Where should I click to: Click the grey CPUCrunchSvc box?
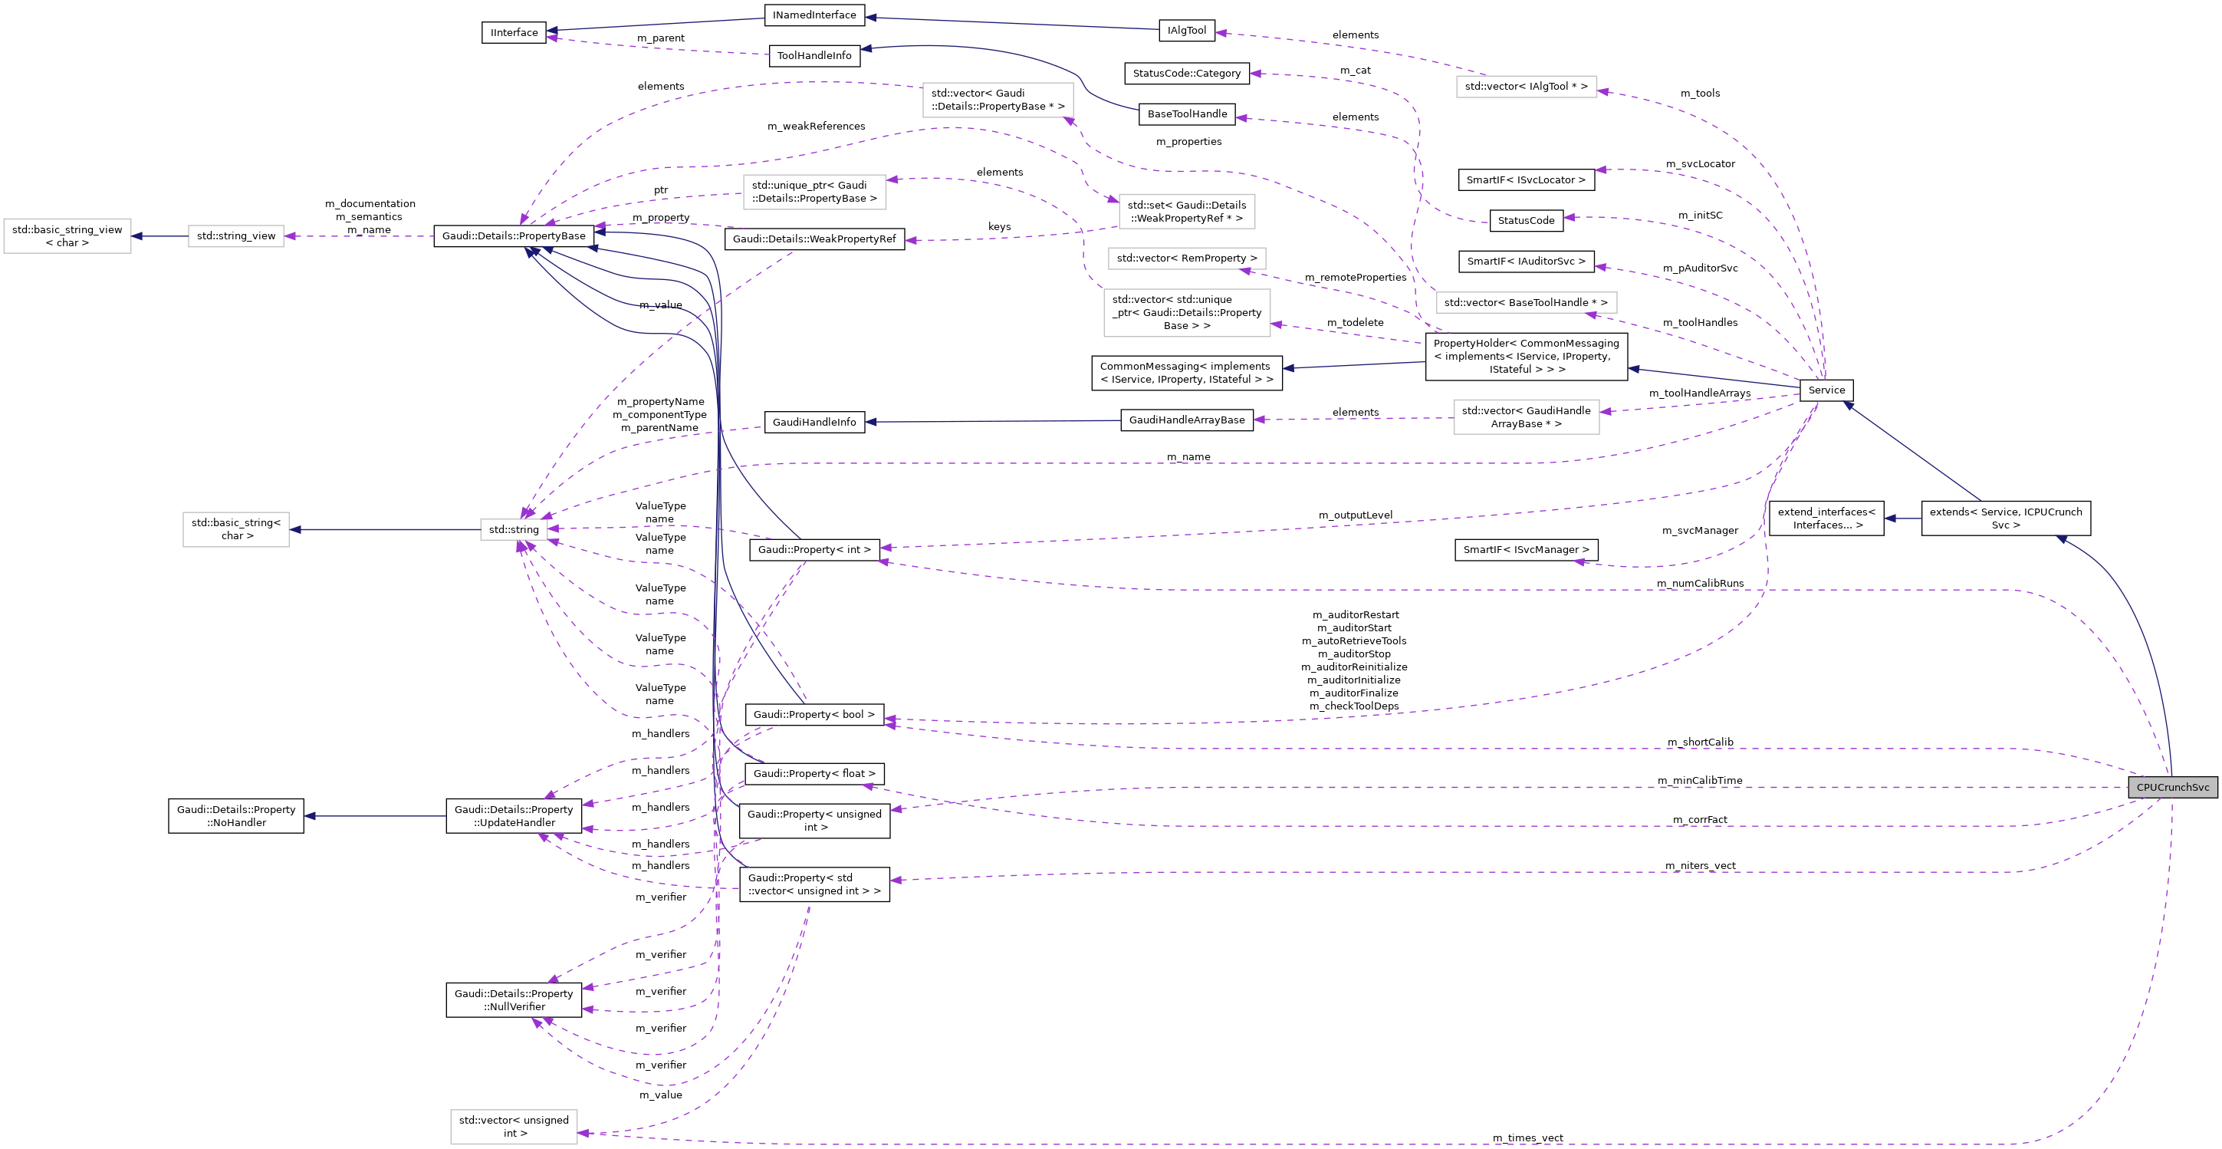pos(2172,787)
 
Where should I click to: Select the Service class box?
pos(1826,390)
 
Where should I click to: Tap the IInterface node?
pos(513,33)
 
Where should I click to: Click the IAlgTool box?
pos(1186,30)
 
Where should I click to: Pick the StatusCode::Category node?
pos(1186,74)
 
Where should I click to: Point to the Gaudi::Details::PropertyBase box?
pos(513,235)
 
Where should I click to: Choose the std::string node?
pos(513,530)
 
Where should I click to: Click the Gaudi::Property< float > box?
pos(814,774)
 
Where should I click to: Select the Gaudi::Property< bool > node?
pos(814,714)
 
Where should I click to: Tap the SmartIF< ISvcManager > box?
pos(1525,549)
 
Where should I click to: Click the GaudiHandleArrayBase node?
pos(1186,420)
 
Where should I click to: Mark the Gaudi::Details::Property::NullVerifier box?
pos(513,999)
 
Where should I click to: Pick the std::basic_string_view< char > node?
pos(67,236)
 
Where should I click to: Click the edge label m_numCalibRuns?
pos(1699,583)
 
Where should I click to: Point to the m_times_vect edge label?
pos(1527,1137)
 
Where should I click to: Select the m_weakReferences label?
pos(815,126)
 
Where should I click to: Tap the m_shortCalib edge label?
pos(1699,742)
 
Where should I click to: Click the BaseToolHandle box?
pos(1186,114)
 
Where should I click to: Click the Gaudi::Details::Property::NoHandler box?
pos(235,816)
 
